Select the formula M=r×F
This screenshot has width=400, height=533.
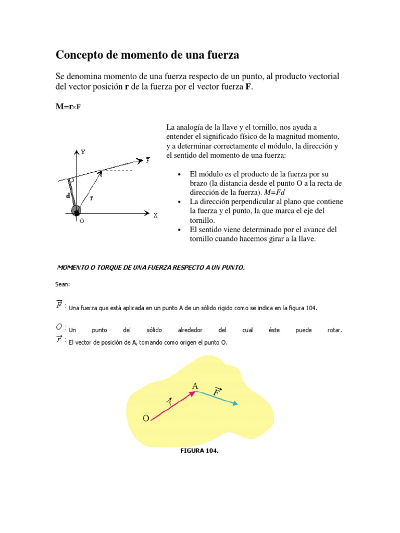68,107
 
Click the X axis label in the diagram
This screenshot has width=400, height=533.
155,215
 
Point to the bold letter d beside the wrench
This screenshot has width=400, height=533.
68,196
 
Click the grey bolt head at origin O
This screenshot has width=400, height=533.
77,211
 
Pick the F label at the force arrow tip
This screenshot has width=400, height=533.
148,160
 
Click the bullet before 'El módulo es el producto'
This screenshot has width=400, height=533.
179,174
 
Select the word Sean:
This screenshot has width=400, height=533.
62,284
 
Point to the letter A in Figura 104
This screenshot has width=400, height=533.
195,386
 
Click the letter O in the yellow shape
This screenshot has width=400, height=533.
146,418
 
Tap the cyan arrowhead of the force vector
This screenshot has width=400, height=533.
236,403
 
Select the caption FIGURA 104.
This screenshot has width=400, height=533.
199,451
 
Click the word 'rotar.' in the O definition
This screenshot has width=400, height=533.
335,331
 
